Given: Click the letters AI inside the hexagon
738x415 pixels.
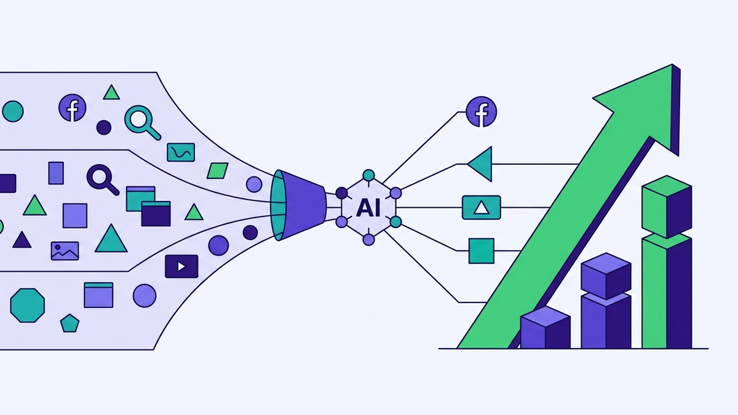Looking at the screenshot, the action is pyautogui.click(x=368, y=208).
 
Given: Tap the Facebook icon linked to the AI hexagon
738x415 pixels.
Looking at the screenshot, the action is pyautogui.click(x=482, y=112).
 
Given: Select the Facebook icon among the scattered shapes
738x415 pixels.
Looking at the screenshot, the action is pyautogui.click(x=73, y=108).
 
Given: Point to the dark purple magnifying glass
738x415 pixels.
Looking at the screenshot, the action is pyautogui.click(x=103, y=180).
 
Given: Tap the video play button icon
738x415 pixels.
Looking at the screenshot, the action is pyautogui.click(x=181, y=266).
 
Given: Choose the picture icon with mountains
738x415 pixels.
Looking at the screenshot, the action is pyautogui.click(x=65, y=251).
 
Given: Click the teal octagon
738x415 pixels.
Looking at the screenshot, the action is pyautogui.click(x=27, y=306).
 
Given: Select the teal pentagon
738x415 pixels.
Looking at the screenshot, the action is pyautogui.click(x=69, y=323).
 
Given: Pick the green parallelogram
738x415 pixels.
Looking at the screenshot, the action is pyautogui.click(x=218, y=171).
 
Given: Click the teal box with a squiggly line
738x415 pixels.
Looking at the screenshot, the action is pyautogui.click(x=181, y=152).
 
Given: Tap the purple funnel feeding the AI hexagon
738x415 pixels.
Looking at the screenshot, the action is pyautogui.click(x=298, y=205).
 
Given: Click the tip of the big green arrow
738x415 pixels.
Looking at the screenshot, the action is pyautogui.click(x=672, y=65).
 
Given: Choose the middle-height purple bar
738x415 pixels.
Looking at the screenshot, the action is pyautogui.click(x=606, y=301).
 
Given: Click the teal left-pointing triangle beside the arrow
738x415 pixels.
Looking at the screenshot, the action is pyautogui.click(x=482, y=164).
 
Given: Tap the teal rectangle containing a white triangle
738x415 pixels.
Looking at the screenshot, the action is pyautogui.click(x=482, y=208).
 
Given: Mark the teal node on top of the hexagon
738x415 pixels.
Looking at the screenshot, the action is pyautogui.click(x=368, y=175).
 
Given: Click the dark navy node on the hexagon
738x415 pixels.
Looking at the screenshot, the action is pyautogui.click(x=342, y=193).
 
